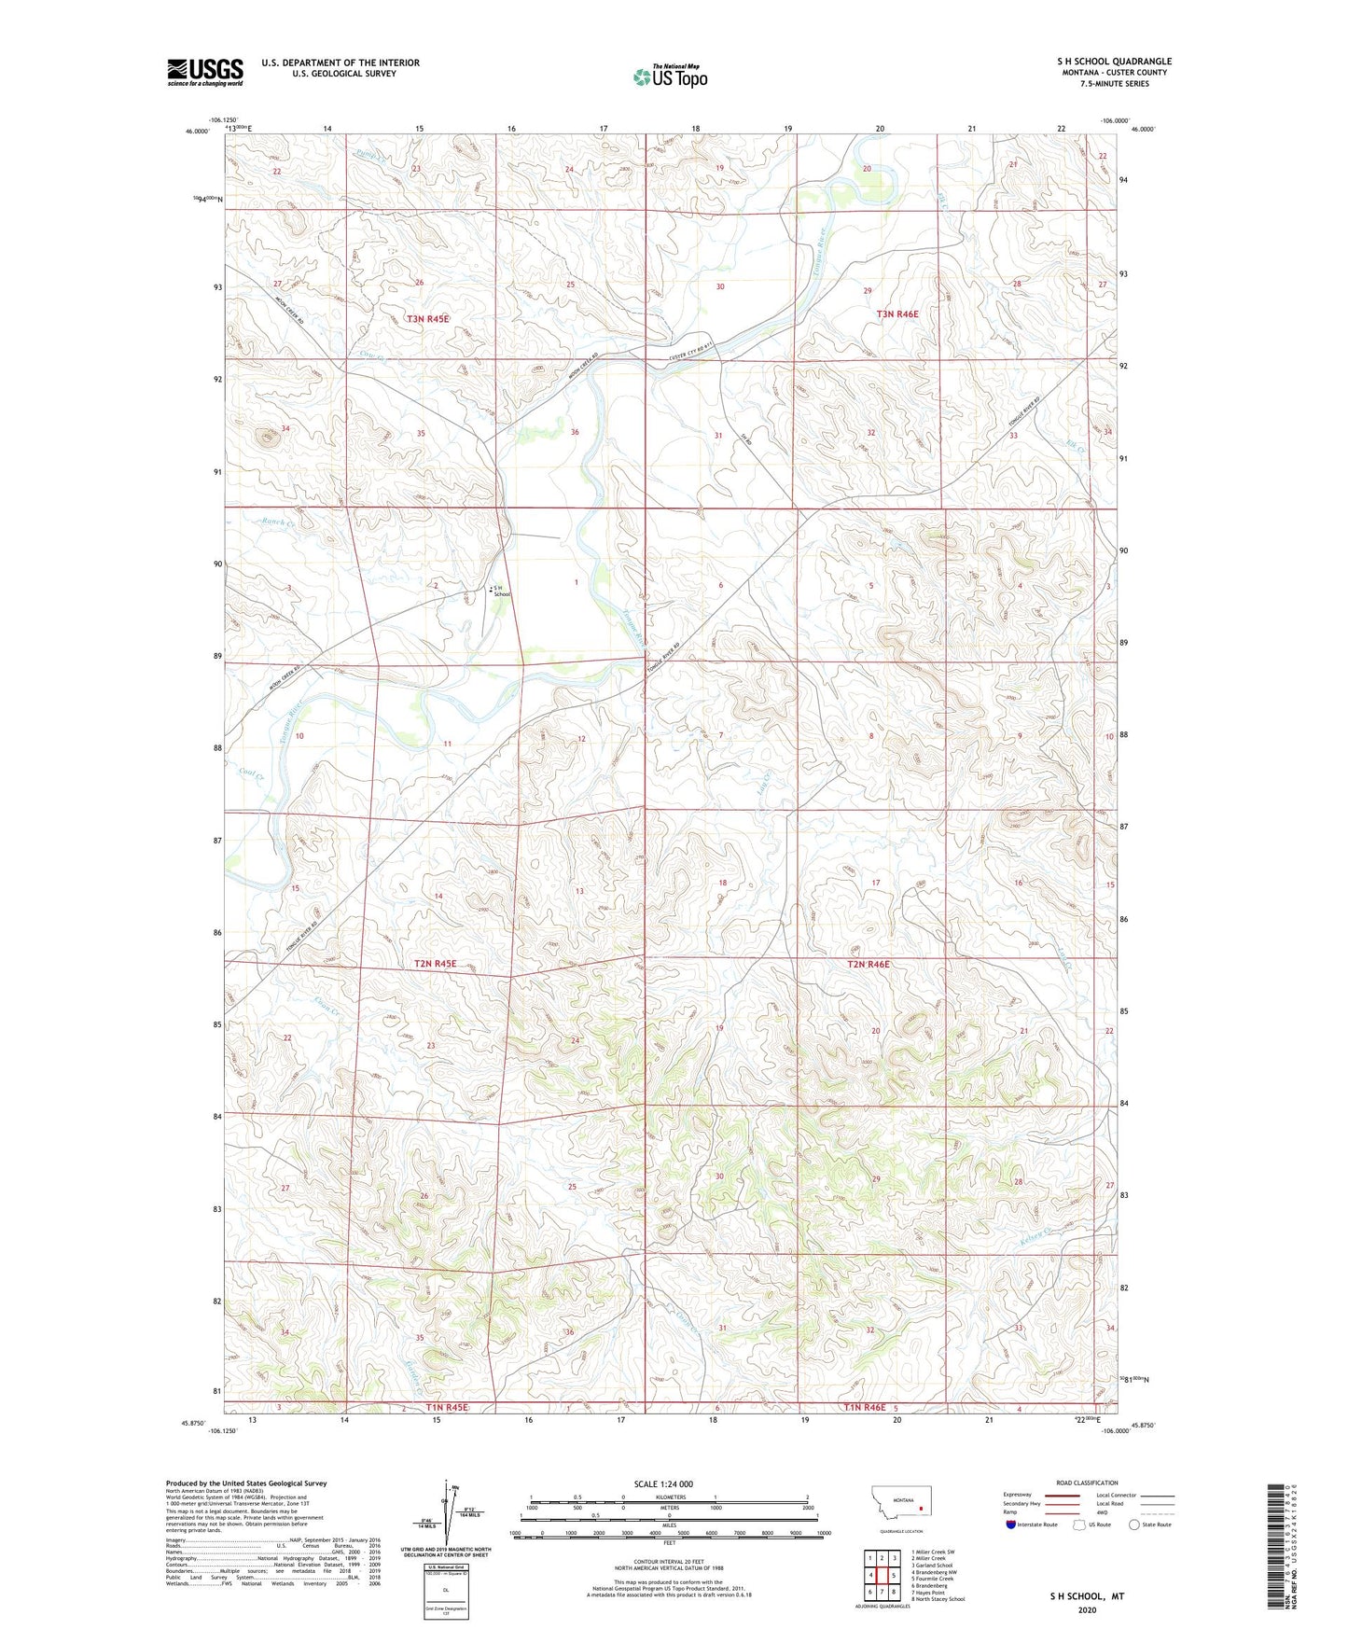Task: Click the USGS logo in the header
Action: coord(204,72)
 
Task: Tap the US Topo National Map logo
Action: coord(670,76)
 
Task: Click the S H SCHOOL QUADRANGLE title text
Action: coord(1114,62)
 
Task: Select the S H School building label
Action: coord(501,591)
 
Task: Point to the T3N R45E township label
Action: coord(427,319)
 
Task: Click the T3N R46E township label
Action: coord(896,314)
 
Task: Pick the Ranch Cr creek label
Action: coord(277,523)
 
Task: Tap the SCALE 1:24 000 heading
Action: coord(662,1484)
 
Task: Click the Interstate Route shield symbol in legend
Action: coord(1010,1525)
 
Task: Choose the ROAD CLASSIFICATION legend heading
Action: coord(1086,1483)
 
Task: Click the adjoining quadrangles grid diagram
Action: coord(882,1576)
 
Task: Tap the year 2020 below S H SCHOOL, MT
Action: coord(1087,1609)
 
